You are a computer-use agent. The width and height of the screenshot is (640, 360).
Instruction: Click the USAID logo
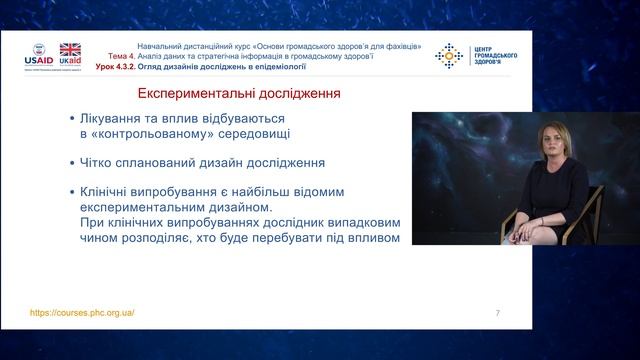point(37,56)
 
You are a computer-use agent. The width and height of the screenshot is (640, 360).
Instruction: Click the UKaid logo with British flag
point(70,55)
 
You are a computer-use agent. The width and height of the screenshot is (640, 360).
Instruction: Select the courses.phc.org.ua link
point(82,312)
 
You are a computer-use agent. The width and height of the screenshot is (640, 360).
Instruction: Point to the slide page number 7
point(497,313)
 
